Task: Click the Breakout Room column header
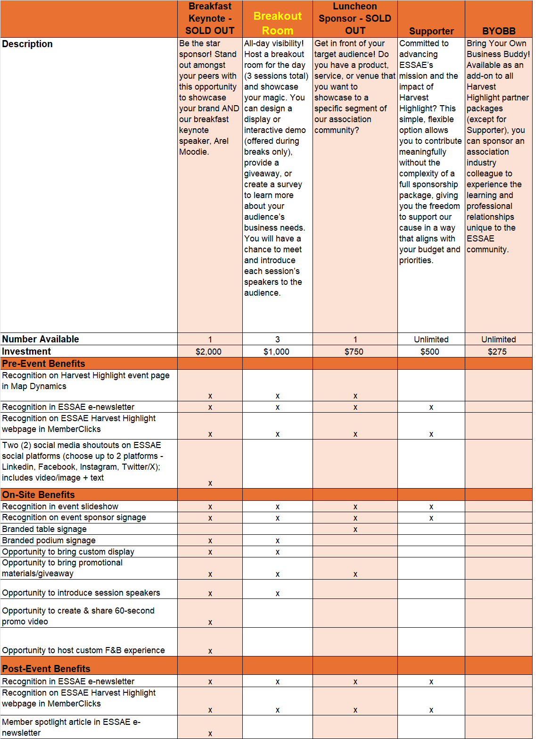pyautogui.click(x=278, y=23)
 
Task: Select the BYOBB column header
pyautogui.click(x=499, y=31)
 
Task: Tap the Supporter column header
pyautogui.click(x=431, y=31)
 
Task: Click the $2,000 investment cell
pyautogui.click(x=208, y=352)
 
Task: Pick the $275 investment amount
pyautogui.click(x=497, y=352)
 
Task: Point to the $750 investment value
pyautogui.click(x=354, y=352)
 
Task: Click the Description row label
pyautogui.click(x=27, y=44)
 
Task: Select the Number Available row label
pyautogui.click(x=41, y=339)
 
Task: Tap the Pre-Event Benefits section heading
pyautogui.click(x=43, y=364)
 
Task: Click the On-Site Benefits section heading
pyautogui.click(x=38, y=495)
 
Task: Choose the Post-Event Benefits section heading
pyautogui.click(x=46, y=669)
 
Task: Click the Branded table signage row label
pyautogui.click(x=44, y=529)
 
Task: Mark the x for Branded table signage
pyautogui.click(x=355, y=530)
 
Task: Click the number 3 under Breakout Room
pyautogui.click(x=278, y=340)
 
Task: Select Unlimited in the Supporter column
pyautogui.click(x=431, y=340)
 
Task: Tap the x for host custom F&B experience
pyautogui.click(x=210, y=651)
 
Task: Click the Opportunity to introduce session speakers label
pyautogui.click(x=81, y=593)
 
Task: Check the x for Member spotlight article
pyautogui.click(x=210, y=734)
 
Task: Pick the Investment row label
pyautogui.click(x=26, y=351)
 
